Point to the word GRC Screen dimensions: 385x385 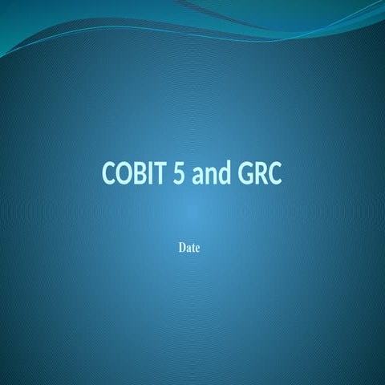tap(259, 174)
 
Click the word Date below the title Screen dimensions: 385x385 tap(188, 248)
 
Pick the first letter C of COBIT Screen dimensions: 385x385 tap(109, 174)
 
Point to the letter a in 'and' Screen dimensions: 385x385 tap(197, 176)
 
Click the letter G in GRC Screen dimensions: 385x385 tap(244, 174)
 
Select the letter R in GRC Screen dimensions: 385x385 tap(260, 174)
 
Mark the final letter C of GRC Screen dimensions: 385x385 tap(274, 174)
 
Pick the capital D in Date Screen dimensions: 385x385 tap(182, 248)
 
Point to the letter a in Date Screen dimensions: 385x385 tap(188, 249)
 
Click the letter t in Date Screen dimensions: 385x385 tap(193, 248)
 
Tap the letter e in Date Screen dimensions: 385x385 tap(197, 249)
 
